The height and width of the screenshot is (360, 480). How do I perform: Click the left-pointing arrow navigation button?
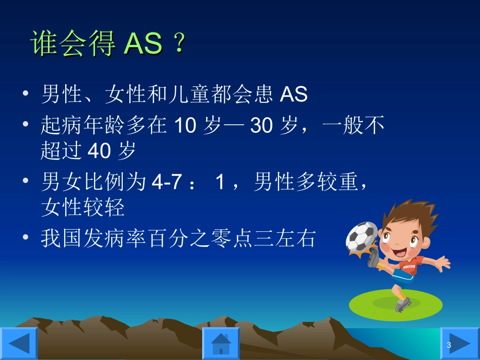[19, 343]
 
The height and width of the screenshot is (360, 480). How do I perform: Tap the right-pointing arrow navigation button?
[460, 343]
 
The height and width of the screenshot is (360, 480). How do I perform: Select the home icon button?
[221, 343]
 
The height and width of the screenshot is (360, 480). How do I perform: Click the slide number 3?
[449, 345]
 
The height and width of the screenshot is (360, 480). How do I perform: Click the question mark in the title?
[178, 44]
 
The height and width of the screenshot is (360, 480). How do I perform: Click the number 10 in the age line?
[184, 126]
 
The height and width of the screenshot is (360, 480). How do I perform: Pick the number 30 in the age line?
[261, 126]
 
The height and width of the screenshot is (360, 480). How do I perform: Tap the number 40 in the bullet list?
[99, 151]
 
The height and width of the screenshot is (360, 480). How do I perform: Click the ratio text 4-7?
[166, 183]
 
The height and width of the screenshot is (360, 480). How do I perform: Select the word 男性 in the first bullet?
[57, 94]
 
